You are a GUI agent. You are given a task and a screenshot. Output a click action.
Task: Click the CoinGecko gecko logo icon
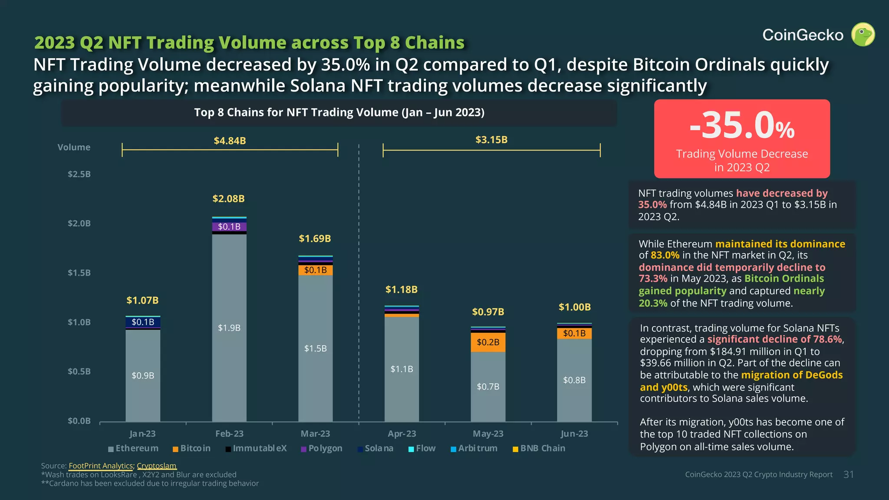point(863,35)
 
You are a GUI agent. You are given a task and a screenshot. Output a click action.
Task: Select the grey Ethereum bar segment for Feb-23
point(229,328)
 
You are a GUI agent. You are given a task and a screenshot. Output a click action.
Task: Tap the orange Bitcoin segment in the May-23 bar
point(488,342)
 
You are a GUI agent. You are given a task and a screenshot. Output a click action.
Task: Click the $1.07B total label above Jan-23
point(142,300)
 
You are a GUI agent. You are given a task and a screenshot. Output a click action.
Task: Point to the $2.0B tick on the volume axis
point(79,224)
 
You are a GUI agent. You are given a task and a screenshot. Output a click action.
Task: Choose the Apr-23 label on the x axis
point(402,434)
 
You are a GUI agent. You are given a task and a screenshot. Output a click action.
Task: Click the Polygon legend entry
point(322,448)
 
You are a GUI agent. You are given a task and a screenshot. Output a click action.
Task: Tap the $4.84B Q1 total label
point(230,141)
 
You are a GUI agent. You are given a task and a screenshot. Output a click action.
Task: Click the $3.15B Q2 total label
point(491,140)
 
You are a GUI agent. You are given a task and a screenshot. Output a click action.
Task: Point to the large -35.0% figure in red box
point(741,126)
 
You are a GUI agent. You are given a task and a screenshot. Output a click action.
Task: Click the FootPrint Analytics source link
point(101,466)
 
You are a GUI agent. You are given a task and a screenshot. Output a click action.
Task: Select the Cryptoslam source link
point(156,466)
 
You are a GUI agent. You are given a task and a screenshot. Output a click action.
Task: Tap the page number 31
point(849,474)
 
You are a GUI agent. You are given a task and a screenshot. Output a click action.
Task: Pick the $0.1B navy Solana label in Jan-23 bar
point(143,322)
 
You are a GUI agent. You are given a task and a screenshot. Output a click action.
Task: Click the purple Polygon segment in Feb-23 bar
point(229,227)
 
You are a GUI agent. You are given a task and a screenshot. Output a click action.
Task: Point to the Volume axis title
point(74,147)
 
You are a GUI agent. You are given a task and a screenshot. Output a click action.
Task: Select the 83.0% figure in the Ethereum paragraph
point(665,255)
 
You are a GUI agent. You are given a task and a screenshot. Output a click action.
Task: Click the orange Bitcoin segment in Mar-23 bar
point(316,270)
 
